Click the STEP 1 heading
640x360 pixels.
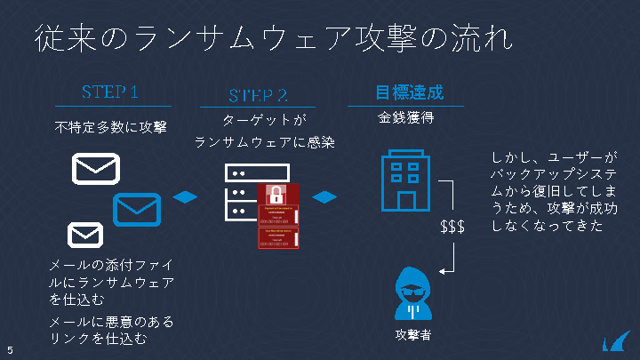click(x=110, y=92)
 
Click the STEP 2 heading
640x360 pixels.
click(x=258, y=95)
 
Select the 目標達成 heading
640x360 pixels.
click(x=408, y=92)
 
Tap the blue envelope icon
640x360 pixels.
click(x=136, y=209)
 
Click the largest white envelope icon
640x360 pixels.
click(x=96, y=169)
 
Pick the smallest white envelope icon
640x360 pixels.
click(x=85, y=235)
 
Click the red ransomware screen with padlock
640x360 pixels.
click(x=279, y=216)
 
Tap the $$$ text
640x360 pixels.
click(x=452, y=228)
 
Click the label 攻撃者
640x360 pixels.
click(x=412, y=335)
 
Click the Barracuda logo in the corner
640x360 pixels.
click(x=614, y=341)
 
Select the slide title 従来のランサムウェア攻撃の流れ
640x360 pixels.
click(x=273, y=39)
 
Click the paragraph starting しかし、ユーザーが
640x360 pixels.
click(x=553, y=192)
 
